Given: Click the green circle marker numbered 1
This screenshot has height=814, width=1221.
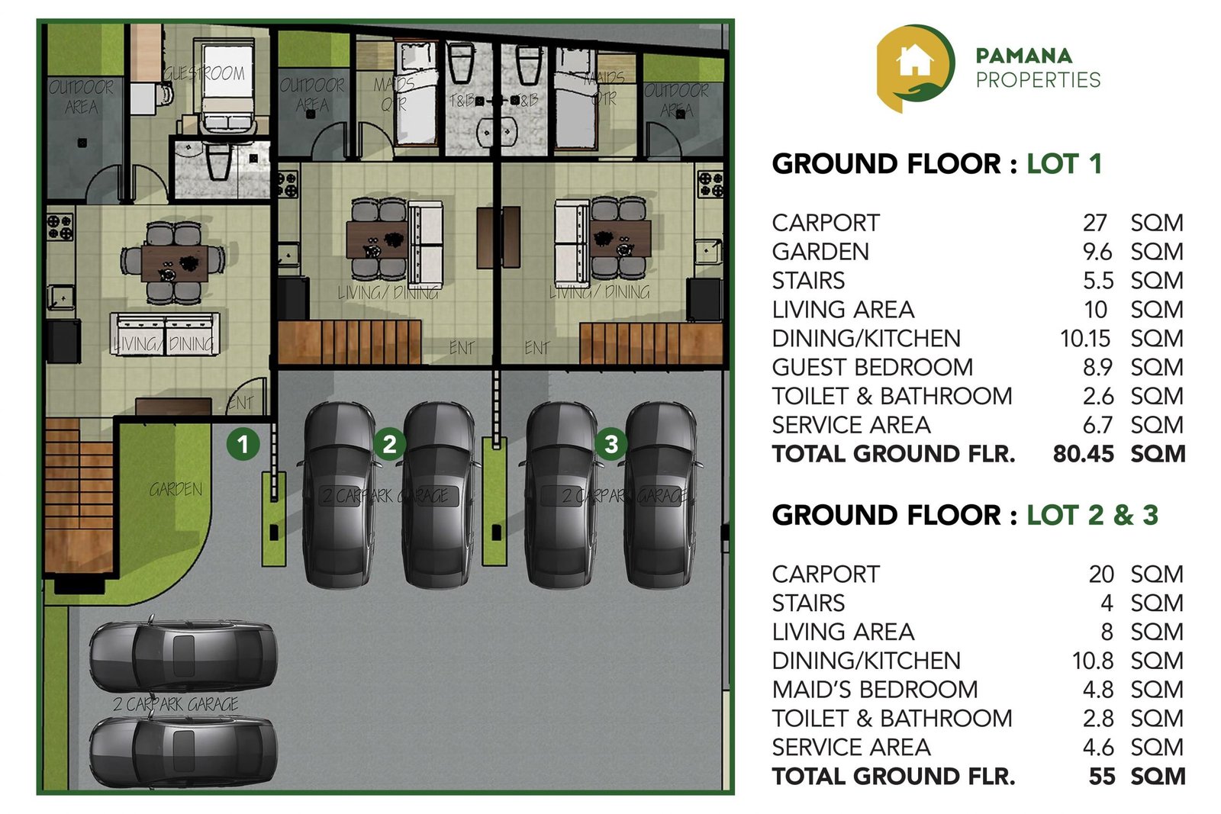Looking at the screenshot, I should (243, 443).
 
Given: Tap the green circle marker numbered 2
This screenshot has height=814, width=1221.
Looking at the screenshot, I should (389, 443).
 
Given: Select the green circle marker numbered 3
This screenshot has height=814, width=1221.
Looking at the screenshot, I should (610, 443).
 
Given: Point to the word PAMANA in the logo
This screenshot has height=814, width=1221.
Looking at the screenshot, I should (1023, 56).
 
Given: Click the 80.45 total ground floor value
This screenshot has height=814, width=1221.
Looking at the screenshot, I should (1083, 454).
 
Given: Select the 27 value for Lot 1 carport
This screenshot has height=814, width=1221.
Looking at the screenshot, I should (1094, 223).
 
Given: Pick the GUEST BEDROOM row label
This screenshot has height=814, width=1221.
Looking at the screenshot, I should (872, 367).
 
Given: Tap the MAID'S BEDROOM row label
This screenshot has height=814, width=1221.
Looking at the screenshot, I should (875, 690).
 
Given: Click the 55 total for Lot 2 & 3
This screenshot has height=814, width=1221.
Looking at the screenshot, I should (1101, 777).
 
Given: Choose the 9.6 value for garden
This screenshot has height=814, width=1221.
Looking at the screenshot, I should (1097, 252).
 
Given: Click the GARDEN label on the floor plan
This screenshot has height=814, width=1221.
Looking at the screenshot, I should (176, 489).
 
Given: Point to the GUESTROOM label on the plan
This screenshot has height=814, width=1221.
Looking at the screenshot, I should (205, 73).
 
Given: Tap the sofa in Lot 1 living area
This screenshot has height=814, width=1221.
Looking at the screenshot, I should (165, 333).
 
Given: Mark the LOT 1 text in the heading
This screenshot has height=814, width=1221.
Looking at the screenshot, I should (1064, 164).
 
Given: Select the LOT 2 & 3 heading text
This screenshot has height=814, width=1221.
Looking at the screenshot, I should (1092, 515).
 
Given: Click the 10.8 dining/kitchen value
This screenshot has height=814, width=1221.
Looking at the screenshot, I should (1092, 661).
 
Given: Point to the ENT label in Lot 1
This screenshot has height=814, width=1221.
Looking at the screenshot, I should (240, 402).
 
